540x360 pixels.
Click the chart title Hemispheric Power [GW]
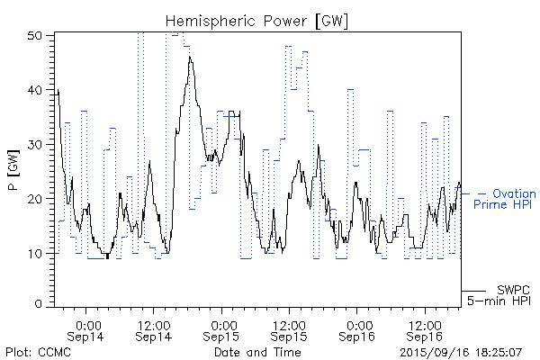[x=257, y=20]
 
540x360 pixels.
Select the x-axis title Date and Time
[x=257, y=352]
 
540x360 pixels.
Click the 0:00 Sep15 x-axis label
[x=222, y=328]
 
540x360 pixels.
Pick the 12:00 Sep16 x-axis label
[x=425, y=328]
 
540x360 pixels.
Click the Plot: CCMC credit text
[x=38, y=352]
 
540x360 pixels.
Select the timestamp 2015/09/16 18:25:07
[x=463, y=352]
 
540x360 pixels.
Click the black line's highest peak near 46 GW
[x=190, y=57]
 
